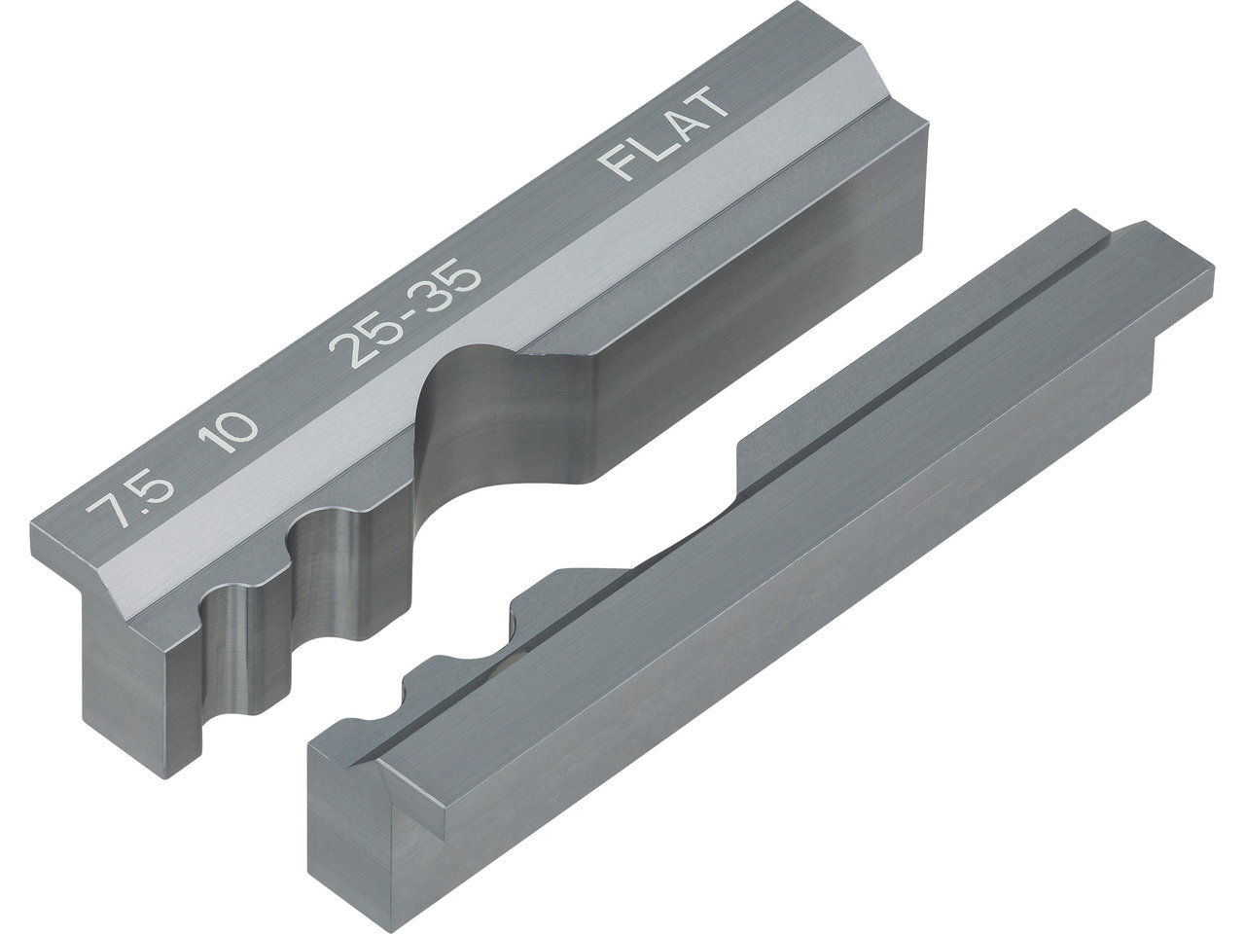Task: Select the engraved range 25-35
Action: [x=406, y=312]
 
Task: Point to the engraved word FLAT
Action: [x=663, y=133]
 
